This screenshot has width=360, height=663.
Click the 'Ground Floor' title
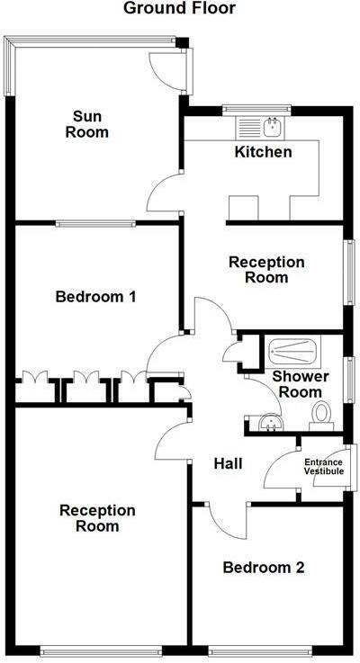[x=179, y=9]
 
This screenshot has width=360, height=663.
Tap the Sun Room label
[x=91, y=123]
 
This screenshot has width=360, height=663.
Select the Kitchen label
[x=263, y=152]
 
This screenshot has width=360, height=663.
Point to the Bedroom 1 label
[x=95, y=296]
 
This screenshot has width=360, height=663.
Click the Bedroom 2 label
[x=263, y=568]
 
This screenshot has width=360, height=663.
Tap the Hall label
[x=229, y=463]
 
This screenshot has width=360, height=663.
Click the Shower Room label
[x=301, y=384]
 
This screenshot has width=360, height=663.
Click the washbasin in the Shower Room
[x=267, y=421]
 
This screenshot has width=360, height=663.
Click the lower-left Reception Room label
[x=97, y=518]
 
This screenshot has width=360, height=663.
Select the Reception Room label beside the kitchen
[x=266, y=270]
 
